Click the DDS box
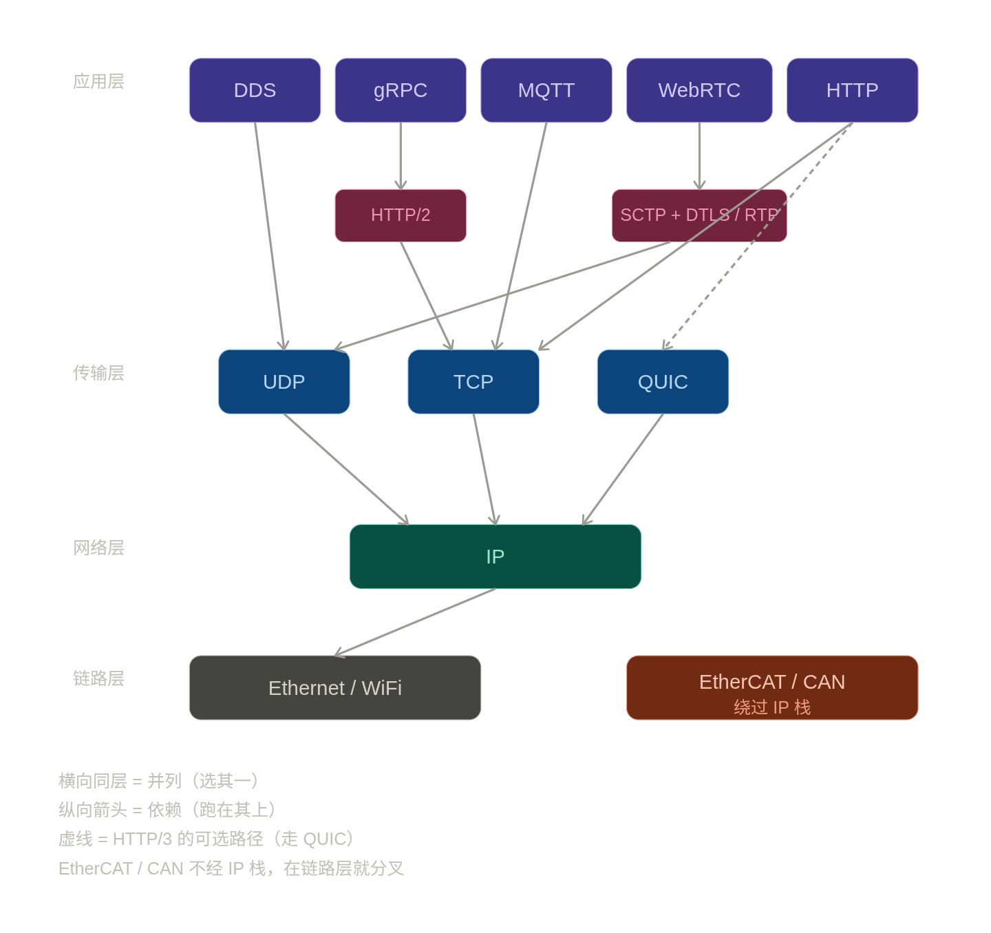pyautogui.click(x=255, y=90)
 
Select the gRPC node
pyautogui.click(x=401, y=90)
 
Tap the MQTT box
pyautogui.click(x=546, y=90)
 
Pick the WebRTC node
pyautogui.click(x=699, y=90)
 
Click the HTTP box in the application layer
pyautogui.click(x=852, y=90)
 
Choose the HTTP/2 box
pyautogui.click(x=401, y=215)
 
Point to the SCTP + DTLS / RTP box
pyautogui.click(x=699, y=215)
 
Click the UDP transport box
pyautogui.click(x=284, y=382)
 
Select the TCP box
pyautogui.click(x=473, y=382)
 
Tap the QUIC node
pyautogui.click(x=663, y=382)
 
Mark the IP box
pyautogui.click(x=495, y=557)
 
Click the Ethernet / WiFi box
pyautogui.click(x=335, y=688)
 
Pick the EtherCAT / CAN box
pyautogui.click(x=772, y=688)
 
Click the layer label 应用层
pyautogui.click(x=98, y=81)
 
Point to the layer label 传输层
pyautogui.click(x=98, y=373)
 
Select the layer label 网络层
pyautogui.click(x=98, y=548)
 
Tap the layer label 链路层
pyautogui.click(x=98, y=678)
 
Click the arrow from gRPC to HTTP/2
pyautogui.click(x=401, y=155)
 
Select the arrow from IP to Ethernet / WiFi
pyautogui.click(x=416, y=622)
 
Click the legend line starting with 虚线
pyautogui.click(x=206, y=839)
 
